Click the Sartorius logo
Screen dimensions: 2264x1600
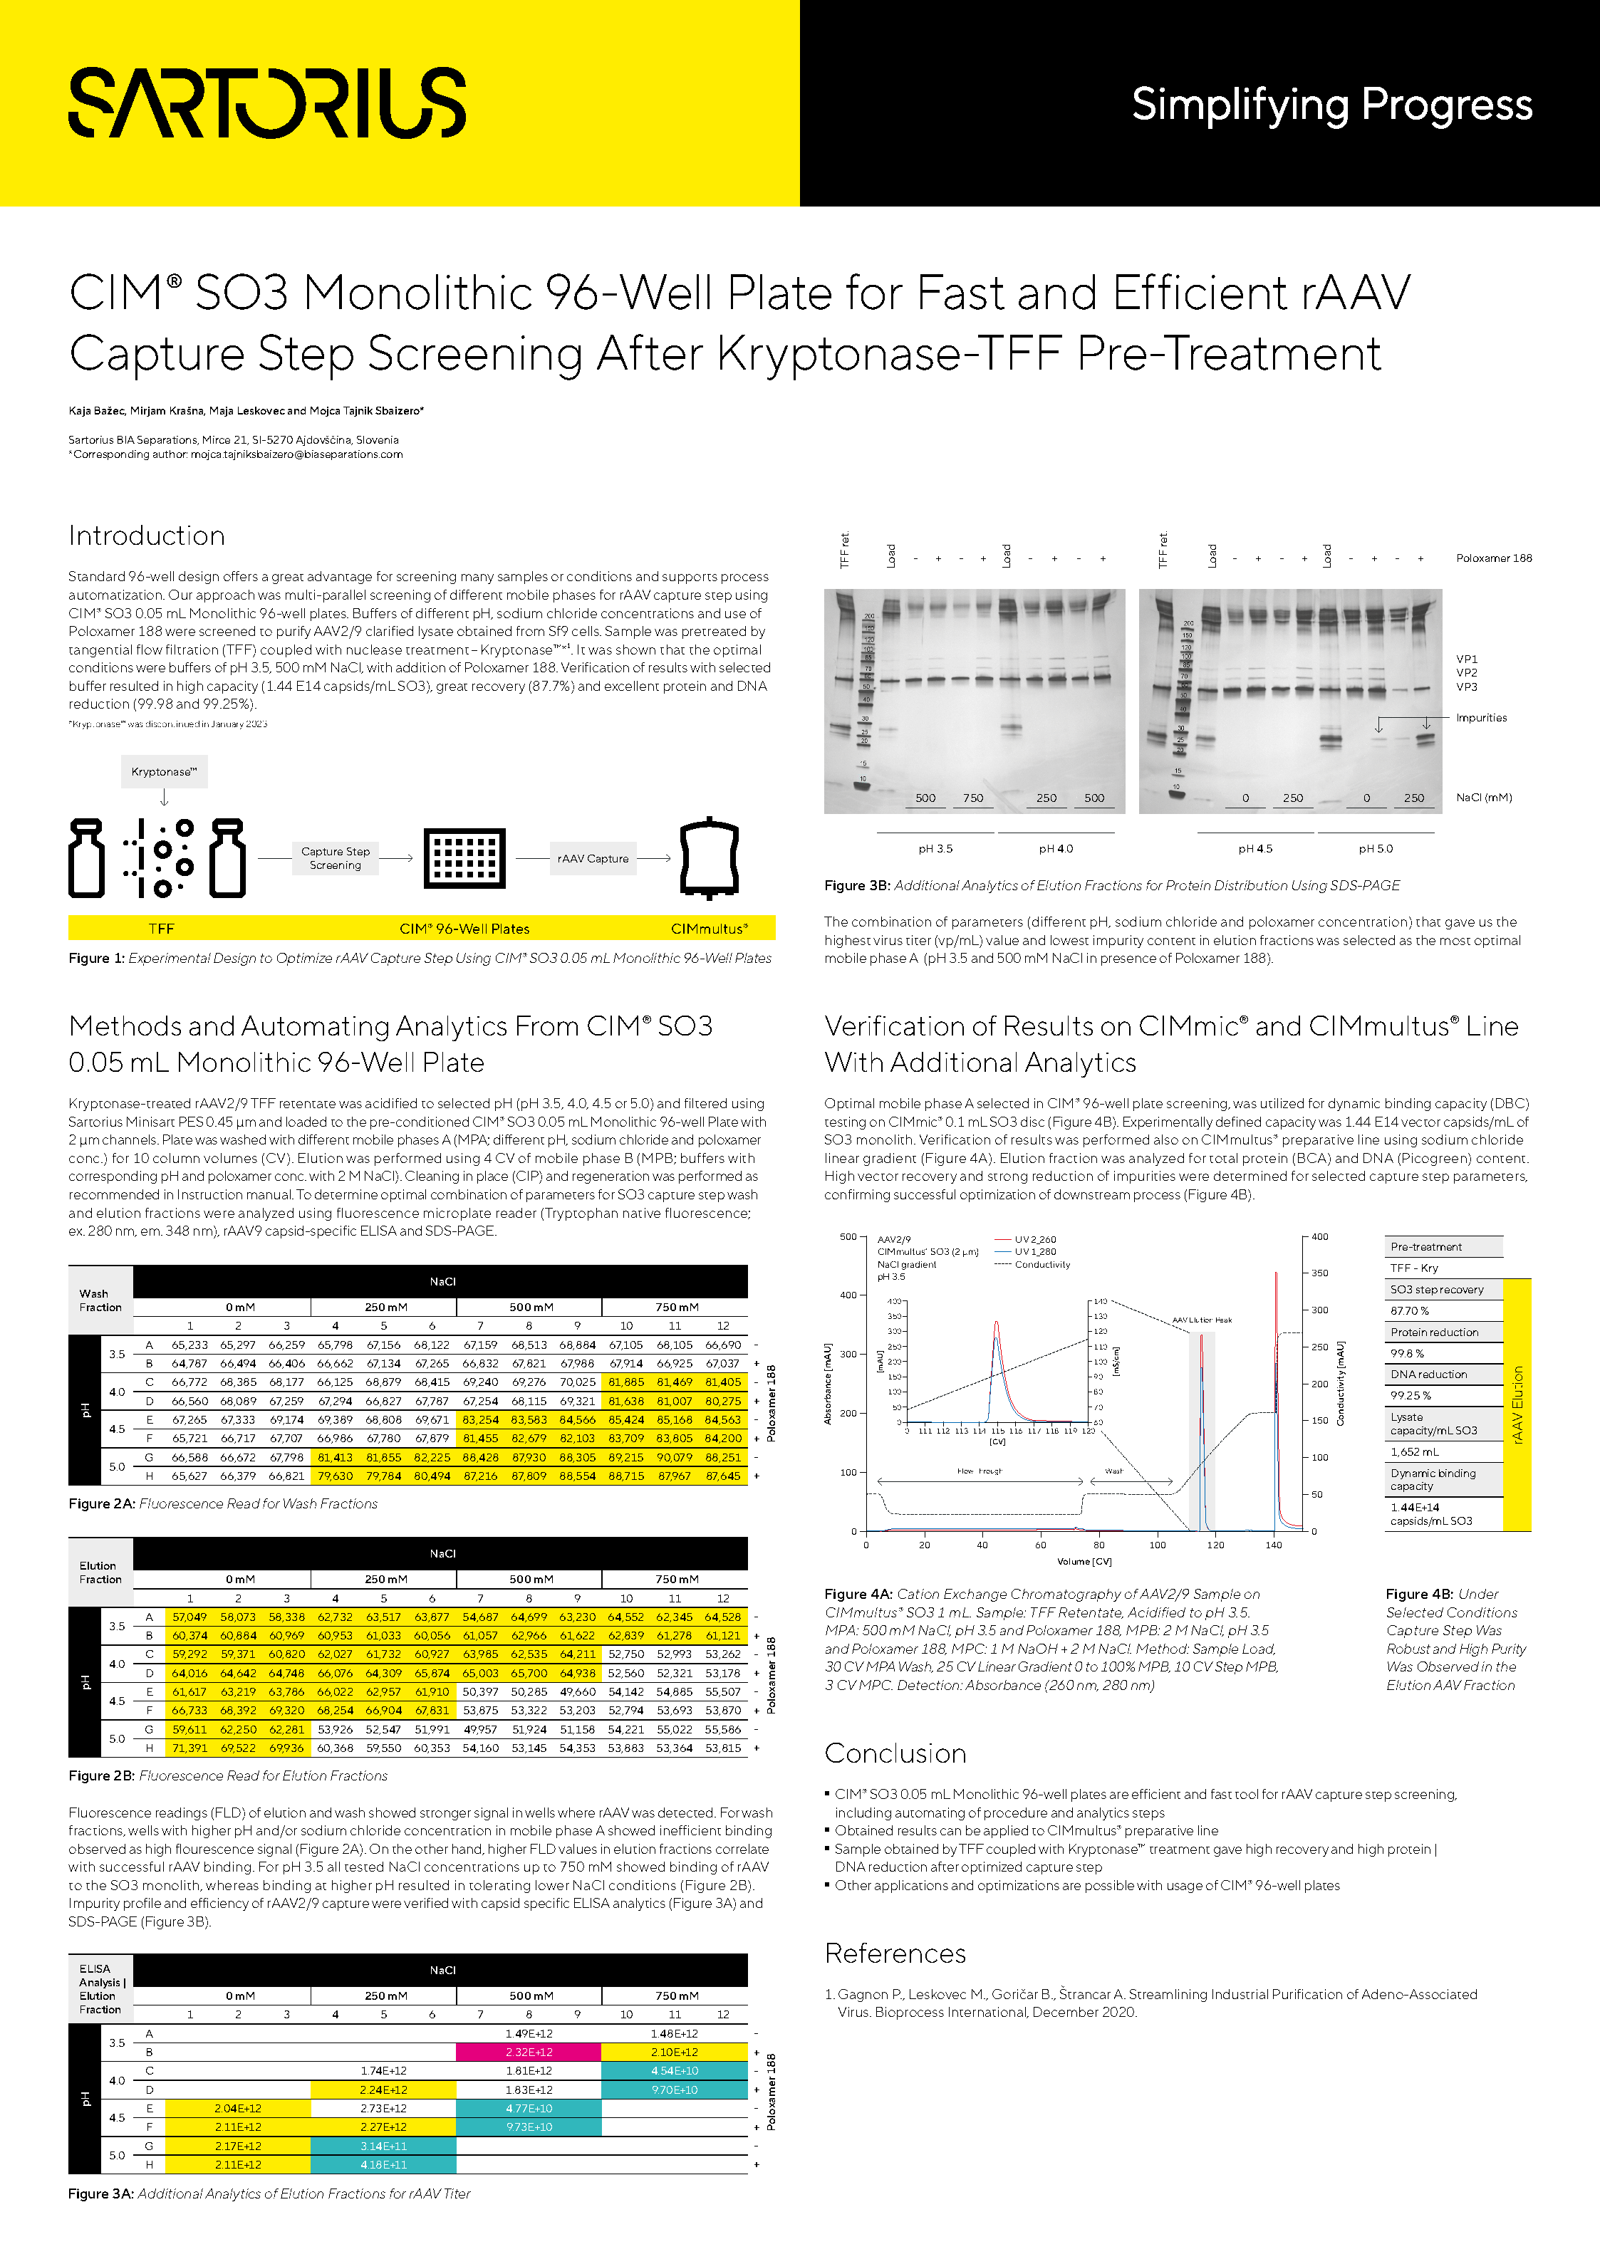tap(266, 103)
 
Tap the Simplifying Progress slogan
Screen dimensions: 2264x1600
tap(1331, 105)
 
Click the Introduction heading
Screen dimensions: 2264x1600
tap(147, 536)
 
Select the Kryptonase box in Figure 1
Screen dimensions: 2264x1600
tap(164, 771)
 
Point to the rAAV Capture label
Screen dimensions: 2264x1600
tap(592, 858)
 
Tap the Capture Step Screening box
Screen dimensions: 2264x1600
tap(336, 858)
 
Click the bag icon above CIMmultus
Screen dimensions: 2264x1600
tap(708, 858)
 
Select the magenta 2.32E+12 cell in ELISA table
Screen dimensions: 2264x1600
tap(529, 2052)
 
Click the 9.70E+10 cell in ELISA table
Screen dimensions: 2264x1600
tap(674, 2090)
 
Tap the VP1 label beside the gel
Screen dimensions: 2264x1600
tap(1466, 659)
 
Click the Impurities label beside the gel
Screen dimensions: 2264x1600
tap(1480, 718)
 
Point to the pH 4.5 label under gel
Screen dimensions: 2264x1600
tap(1254, 848)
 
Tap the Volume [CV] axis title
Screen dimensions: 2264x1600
tap(1084, 1561)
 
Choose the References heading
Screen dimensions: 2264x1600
tap(895, 1953)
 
